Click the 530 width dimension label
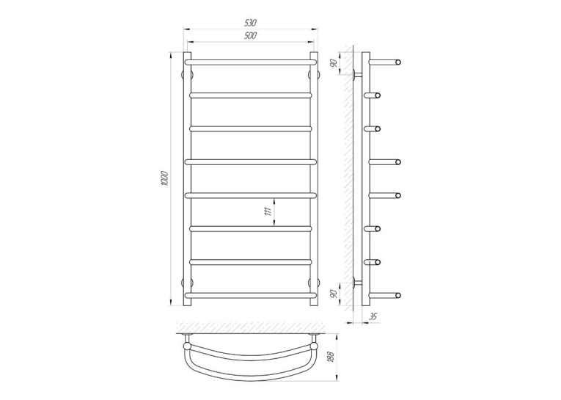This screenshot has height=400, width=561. pos(251,23)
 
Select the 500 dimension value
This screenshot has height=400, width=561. pos(251,36)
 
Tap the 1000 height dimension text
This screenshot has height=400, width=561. pos(164,178)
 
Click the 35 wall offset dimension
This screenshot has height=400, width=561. pos(373,316)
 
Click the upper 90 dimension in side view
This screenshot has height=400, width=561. pos(334,63)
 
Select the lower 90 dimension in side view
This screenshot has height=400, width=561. pos(334,294)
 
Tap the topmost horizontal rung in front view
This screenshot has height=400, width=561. pos(251,62)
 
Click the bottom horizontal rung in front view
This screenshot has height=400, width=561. pos(251,296)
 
